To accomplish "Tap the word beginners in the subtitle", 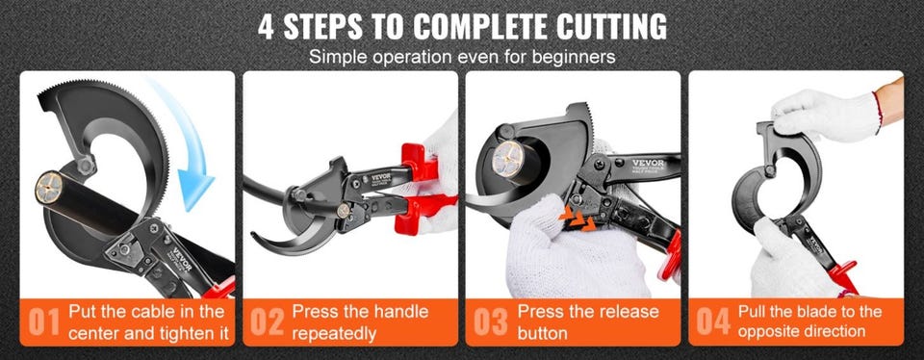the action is pos(572,57).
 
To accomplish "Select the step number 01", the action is pos(44,322).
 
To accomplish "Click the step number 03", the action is pos(490,322).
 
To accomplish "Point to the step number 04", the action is pos(713,322).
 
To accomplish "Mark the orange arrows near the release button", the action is pos(577,219).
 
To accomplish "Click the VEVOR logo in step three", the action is pos(648,163).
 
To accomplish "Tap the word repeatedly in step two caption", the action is pos(334,334).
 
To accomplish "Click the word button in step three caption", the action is pos(542,333).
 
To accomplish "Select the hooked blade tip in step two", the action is pos(258,238).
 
